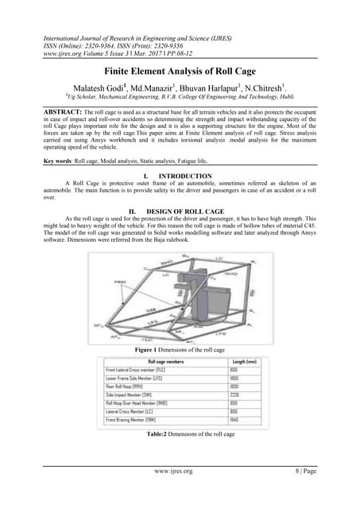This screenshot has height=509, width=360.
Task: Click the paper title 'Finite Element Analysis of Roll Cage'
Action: (180, 71)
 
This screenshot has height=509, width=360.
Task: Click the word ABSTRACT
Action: (47, 107)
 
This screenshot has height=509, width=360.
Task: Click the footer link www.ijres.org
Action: (179, 493)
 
